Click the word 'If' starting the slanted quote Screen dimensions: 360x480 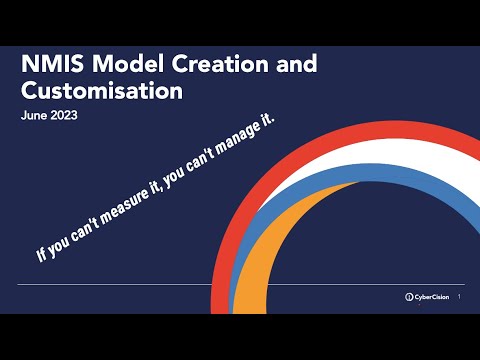[x=42, y=254]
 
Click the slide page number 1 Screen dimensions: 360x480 [x=458, y=297]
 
